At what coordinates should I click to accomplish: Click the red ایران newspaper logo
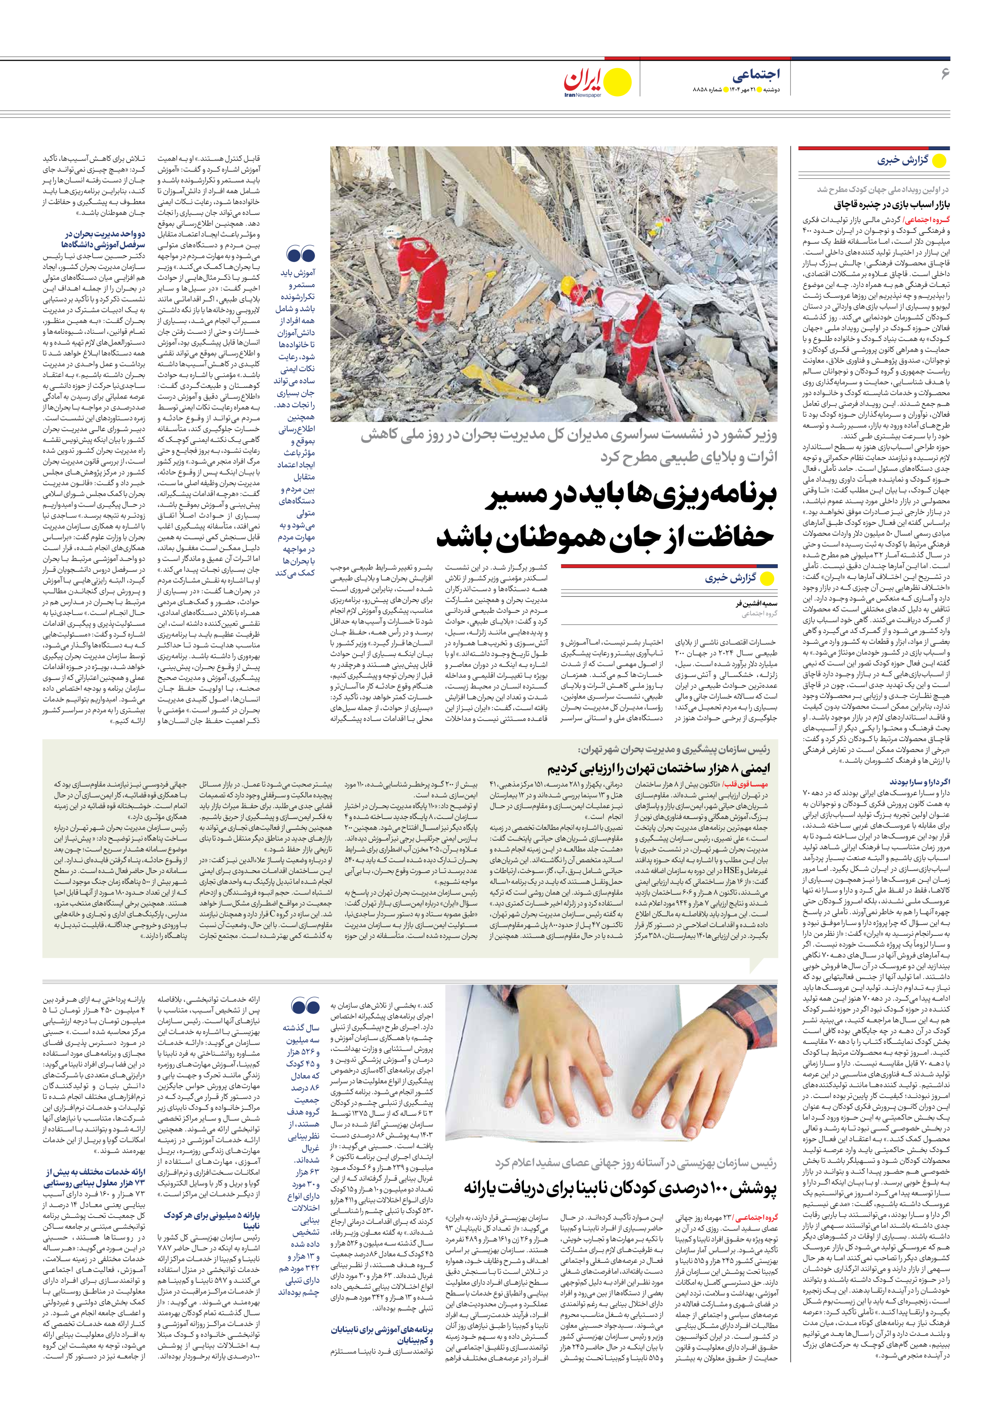[x=582, y=80]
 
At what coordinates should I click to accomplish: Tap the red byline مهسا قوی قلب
[x=749, y=784]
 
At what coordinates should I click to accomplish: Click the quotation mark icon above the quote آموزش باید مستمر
[x=301, y=254]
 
